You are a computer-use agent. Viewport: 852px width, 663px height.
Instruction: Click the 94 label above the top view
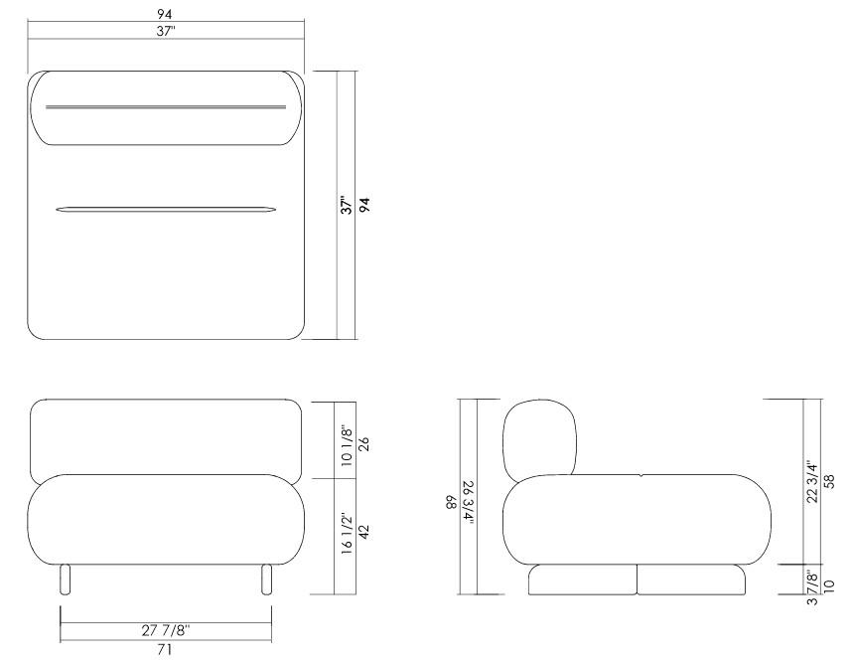click(x=165, y=14)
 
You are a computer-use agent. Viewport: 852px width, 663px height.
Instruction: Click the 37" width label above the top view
click(x=166, y=32)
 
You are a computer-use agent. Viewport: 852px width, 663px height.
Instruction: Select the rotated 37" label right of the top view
click(x=346, y=206)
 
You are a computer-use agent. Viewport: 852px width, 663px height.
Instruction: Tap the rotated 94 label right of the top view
click(x=365, y=206)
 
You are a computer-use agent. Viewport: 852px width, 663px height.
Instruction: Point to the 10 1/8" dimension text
click(x=346, y=445)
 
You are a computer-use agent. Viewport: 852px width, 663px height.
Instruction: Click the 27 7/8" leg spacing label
click(x=165, y=630)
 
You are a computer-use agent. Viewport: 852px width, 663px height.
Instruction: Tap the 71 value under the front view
click(x=165, y=649)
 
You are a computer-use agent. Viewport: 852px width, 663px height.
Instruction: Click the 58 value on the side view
click(x=831, y=481)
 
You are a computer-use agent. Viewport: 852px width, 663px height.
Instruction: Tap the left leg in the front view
click(x=66, y=580)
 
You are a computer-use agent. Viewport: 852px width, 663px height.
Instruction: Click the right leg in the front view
click(x=266, y=580)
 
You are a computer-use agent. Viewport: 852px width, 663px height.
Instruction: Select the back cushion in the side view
click(x=541, y=437)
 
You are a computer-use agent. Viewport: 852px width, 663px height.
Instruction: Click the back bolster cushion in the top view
click(x=166, y=107)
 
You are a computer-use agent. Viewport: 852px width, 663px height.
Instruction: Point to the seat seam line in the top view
click(x=166, y=209)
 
